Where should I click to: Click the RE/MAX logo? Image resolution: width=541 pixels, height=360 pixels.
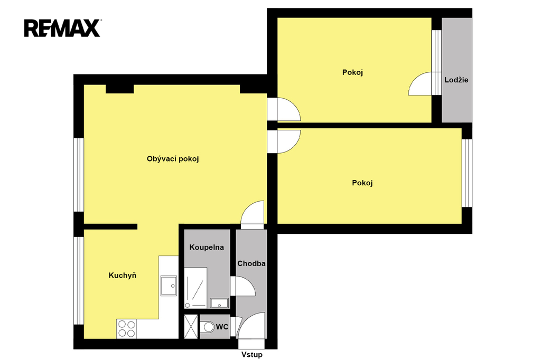(62, 28)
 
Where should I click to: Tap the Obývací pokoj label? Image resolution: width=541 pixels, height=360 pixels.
(173, 159)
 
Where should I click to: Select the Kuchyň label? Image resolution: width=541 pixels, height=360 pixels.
(123, 275)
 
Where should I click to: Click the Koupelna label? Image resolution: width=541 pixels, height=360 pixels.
(207, 247)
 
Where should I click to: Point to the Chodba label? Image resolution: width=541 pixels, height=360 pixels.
(251, 263)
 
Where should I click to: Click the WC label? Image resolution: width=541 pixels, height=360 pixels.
(222, 327)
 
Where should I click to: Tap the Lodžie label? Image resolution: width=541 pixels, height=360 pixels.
(456, 80)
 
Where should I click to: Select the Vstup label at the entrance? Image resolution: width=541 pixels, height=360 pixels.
(252, 355)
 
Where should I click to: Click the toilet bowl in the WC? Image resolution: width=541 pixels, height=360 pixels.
(207, 327)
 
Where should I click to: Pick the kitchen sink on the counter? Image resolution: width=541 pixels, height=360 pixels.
(169, 286)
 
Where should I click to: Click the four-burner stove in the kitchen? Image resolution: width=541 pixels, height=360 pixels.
(126, 329)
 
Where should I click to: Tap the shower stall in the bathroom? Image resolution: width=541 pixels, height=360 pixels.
(195, 288)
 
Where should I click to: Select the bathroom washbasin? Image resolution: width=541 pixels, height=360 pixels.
(219, 303)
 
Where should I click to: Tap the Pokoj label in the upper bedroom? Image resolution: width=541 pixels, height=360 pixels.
(352, 72)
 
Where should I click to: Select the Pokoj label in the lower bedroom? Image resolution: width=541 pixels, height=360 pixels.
(362, 183)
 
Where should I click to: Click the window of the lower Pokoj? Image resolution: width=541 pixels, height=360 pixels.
(467, 173)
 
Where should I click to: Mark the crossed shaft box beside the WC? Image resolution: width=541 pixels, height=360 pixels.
(191, 327)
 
